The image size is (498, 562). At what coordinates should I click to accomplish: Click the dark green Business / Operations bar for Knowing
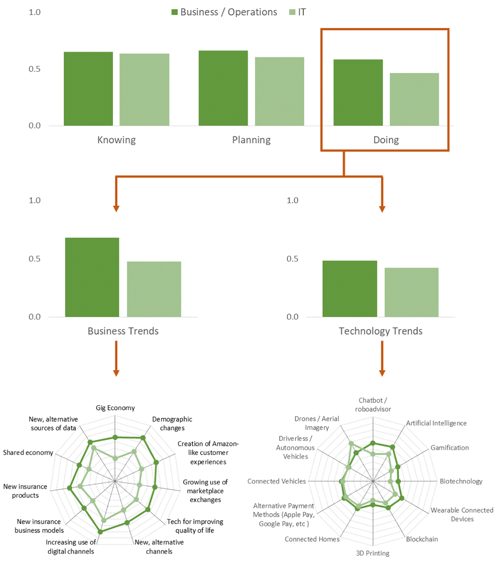[88, 89]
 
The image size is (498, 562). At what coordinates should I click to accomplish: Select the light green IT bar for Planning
[279, 91]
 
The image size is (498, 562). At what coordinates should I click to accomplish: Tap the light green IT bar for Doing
[414, 99]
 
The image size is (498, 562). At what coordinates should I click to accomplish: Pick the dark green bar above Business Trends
[92, 277]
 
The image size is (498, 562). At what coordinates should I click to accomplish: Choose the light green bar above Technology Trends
[411, 292]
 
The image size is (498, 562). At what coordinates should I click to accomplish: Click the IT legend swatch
[292, 12]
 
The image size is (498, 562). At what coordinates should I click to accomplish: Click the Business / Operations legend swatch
[174, 12]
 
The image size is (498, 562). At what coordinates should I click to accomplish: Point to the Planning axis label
[251, 140]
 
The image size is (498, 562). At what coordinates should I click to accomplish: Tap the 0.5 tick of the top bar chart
[35, 69]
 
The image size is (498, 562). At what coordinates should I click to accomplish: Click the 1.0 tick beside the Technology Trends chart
[292, 200]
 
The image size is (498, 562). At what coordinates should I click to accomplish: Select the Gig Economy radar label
[115, 408]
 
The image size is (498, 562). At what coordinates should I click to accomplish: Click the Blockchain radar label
[422, 539]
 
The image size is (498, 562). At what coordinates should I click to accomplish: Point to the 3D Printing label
[373, 553]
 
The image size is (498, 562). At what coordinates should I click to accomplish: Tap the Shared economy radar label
[28, 452]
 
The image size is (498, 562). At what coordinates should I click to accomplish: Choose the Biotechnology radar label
[461, 481]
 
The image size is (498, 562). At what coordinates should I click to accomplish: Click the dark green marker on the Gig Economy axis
[115, 438]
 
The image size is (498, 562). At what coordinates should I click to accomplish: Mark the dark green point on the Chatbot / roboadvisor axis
[373, 443]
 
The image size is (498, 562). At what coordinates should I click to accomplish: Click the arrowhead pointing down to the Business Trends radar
[116, 373]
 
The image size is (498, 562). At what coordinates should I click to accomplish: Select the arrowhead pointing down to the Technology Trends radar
[382, 373]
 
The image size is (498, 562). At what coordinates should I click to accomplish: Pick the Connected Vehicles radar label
[277, 481]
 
